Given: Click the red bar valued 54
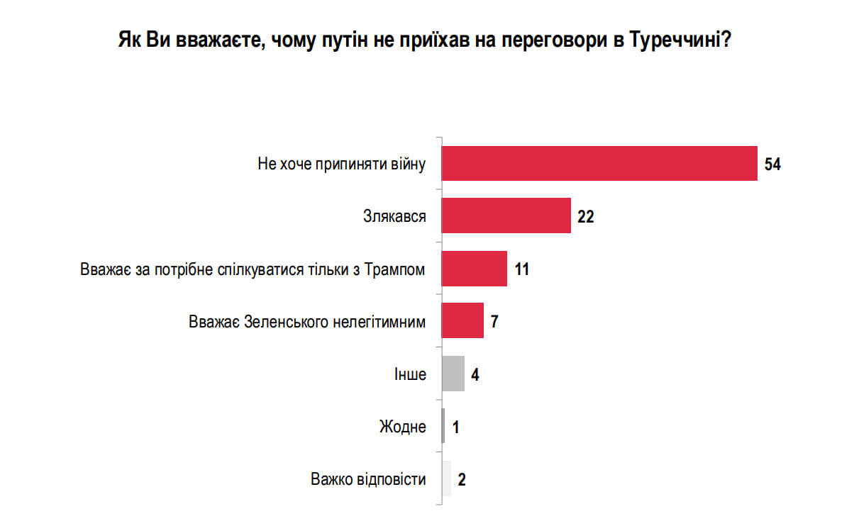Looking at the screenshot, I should coord(599,163).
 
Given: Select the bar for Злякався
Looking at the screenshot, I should coord(506,215).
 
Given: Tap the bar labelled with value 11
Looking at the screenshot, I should coord(474,269).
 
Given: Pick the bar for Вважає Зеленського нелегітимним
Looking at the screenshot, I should coord(462,321).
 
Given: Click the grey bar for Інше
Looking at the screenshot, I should coord(453,374).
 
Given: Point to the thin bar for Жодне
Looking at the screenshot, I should coord(443,427).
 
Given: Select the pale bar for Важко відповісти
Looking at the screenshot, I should coord(446,479).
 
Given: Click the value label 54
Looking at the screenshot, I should coord(772,164).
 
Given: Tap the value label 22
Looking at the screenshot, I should coord(585,217).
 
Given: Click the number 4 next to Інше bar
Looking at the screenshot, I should coord(475,375).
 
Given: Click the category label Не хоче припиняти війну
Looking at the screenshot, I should coord(341,164).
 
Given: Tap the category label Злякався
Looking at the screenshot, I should coord(394,217).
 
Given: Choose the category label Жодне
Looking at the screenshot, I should coord(403,427).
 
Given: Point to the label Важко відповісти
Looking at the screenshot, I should coord(368,480).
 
